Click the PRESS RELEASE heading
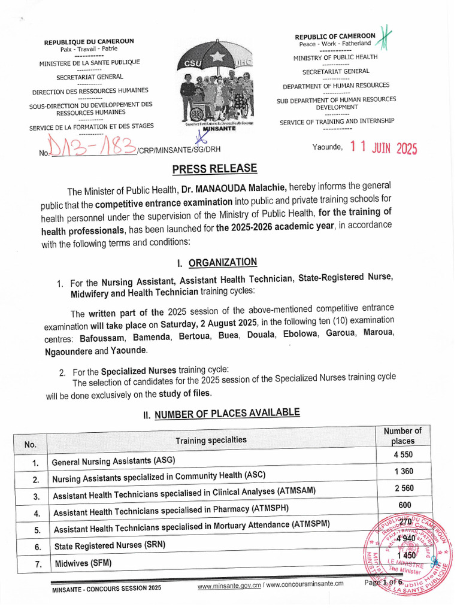click(215, 169)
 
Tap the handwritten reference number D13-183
click(93, 146)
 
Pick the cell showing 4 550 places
click(404, 454)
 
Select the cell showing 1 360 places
click(404, 471)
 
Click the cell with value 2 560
click(404, 488)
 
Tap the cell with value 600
click(404, 505)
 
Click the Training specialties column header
click(211, 440)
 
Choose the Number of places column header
click(402, 436)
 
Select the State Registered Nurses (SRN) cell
click(110, 546)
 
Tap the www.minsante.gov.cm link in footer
click(229, 584)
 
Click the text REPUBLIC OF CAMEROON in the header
click(335, 37)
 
